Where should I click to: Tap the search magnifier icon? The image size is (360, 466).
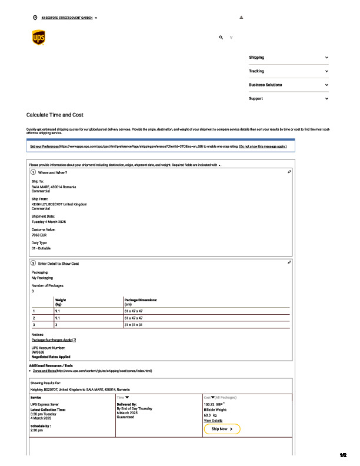click(221, 37)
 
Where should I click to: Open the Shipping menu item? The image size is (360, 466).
click(256, 58)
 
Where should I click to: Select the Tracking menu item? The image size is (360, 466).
click(256, 71)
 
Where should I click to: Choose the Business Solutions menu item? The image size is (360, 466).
click(265, 85)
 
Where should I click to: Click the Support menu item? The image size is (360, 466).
click(256, 98)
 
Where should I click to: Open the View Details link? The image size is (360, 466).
click(213, 421)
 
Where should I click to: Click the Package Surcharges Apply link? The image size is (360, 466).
click(52, 340)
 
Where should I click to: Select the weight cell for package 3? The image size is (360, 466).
click(56, 324)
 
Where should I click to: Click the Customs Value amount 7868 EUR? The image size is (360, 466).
click(40, 235)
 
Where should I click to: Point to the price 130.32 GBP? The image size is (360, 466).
click(214, 404)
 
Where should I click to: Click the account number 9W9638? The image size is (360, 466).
click(39, 352)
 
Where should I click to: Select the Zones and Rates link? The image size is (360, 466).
click(44, 371)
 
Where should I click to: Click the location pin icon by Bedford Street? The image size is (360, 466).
click(35, 18)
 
